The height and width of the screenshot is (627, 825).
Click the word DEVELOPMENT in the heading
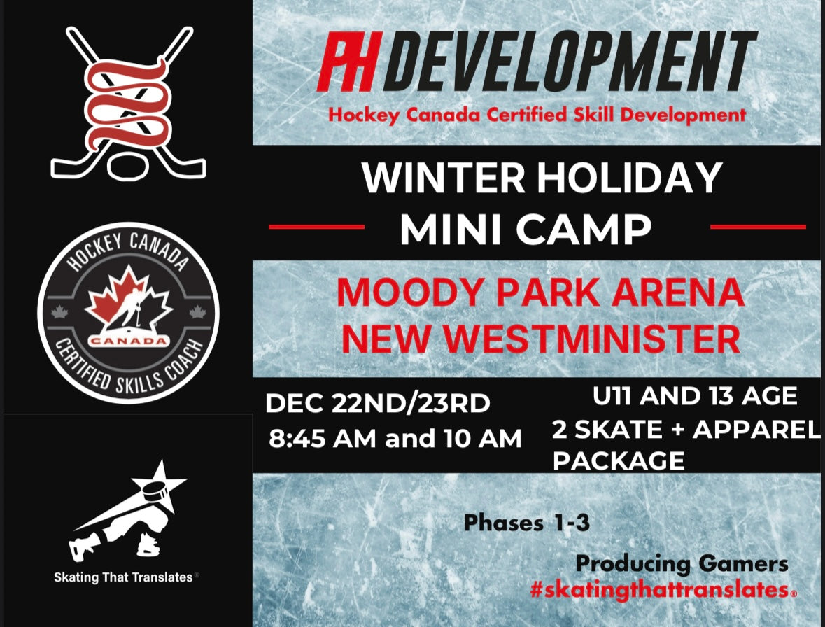[570, 64]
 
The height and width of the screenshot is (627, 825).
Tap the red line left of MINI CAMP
[316, 227]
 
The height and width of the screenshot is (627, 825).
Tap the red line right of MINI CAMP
[758, 227]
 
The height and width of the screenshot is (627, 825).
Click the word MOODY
[408, 293]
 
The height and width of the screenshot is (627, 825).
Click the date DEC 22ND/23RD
[378, 404]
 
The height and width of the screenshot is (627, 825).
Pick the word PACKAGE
[619, 461]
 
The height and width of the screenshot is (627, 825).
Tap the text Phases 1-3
[526, 523]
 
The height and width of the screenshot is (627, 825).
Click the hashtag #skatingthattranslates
[659, 589]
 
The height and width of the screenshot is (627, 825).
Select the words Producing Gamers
[682, 563]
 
